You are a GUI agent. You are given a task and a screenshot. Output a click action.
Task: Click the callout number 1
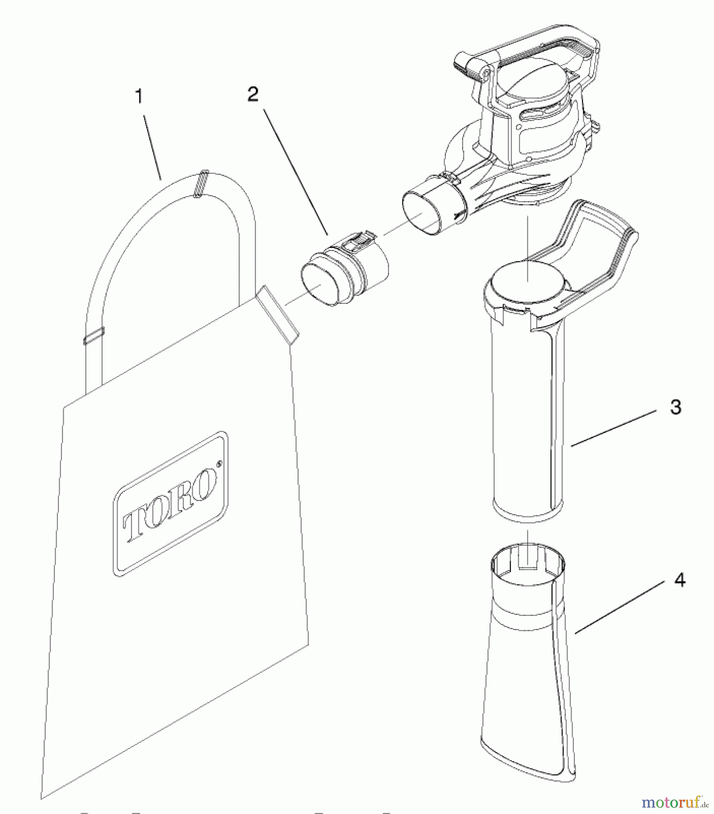[x=139, y=96]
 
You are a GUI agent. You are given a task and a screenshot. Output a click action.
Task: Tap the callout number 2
[x=253, y=94]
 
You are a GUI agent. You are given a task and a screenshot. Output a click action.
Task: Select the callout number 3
[x=675, y=407]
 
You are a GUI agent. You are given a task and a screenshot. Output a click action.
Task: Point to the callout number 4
[x=680, y=580]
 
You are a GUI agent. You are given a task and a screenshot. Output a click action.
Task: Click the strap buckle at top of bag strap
[x=201, y=184]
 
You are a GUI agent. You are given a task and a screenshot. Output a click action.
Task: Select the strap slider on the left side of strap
[x=94, y=335]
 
